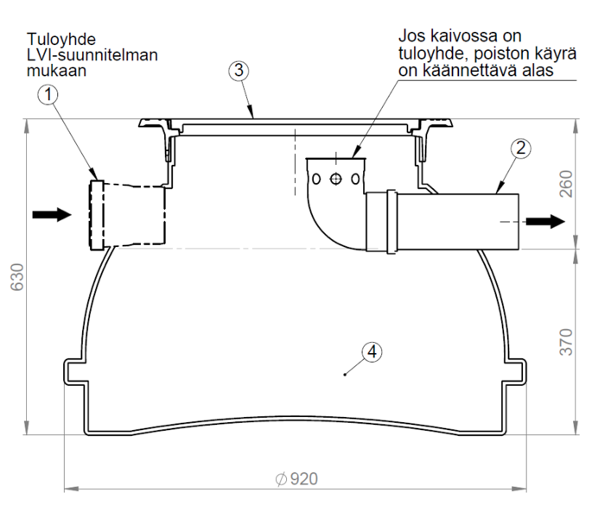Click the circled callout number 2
point(519,148)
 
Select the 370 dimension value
point(567,342)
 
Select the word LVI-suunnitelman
point(92,55)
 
